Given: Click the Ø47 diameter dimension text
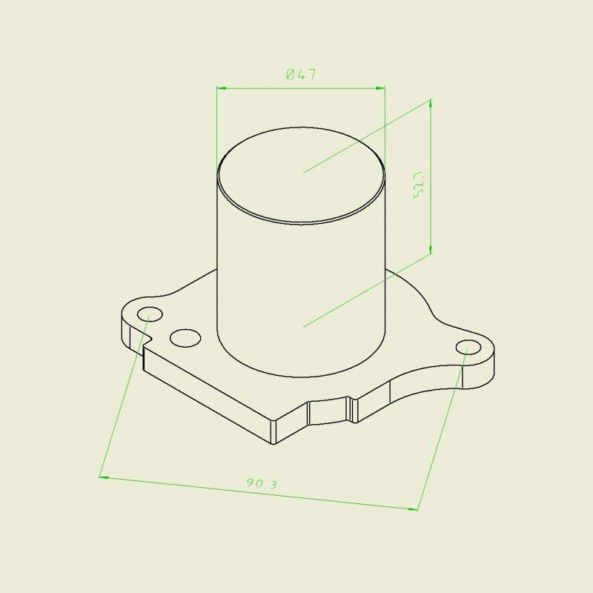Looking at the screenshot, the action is click(301, 74).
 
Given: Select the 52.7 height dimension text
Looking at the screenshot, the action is click(420, 185).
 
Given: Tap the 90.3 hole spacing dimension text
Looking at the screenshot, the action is click(262, 483).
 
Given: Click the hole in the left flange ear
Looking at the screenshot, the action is click(150, 314).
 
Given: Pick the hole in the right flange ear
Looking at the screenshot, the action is click(468, 347).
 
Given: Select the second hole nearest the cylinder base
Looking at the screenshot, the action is click(185, 338).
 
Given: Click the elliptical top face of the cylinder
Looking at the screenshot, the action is click(302, 175).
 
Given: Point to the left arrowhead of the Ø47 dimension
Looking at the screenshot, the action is click(221, 88).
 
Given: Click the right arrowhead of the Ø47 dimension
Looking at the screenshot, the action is click(380, 88).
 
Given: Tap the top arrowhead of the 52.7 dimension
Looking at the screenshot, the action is click(431, 105).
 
